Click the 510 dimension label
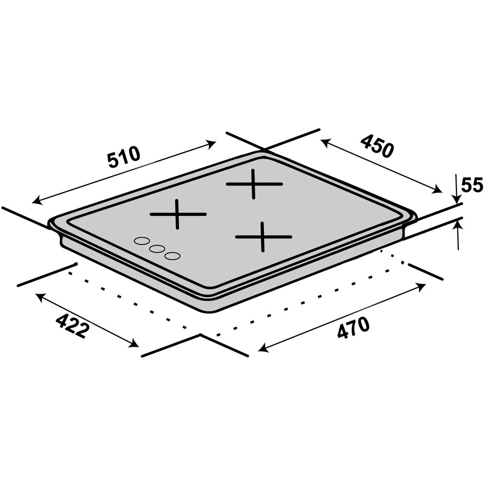click(x=124, y=157)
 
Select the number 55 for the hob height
click(x=471, y=186)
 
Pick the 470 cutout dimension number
click(x=353, y=328)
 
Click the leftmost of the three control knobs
click(x=142, y=241)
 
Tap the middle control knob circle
click(x=156, y=249)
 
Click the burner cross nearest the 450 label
click(x=254, y=184)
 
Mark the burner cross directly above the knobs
click(x=178, y=214)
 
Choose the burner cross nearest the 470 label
click(x=263, y=237)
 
